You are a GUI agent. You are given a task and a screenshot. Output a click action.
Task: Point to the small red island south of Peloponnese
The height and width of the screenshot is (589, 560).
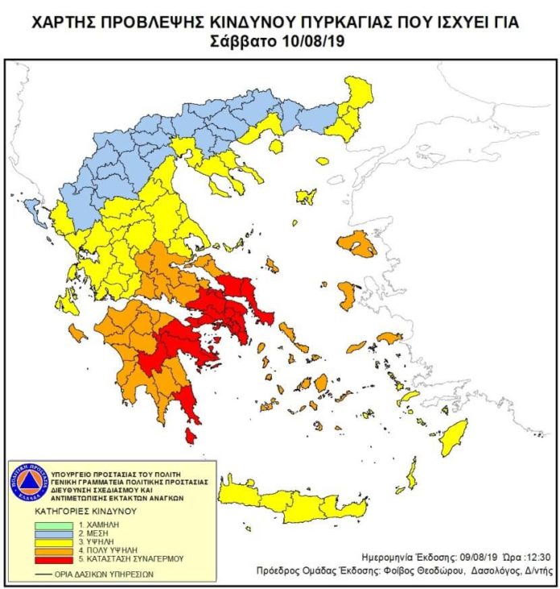pyautogui.click(x=190, y=436)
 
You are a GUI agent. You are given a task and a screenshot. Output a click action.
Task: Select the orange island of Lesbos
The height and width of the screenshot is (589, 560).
pyautogui.click(x=357, y=243)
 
